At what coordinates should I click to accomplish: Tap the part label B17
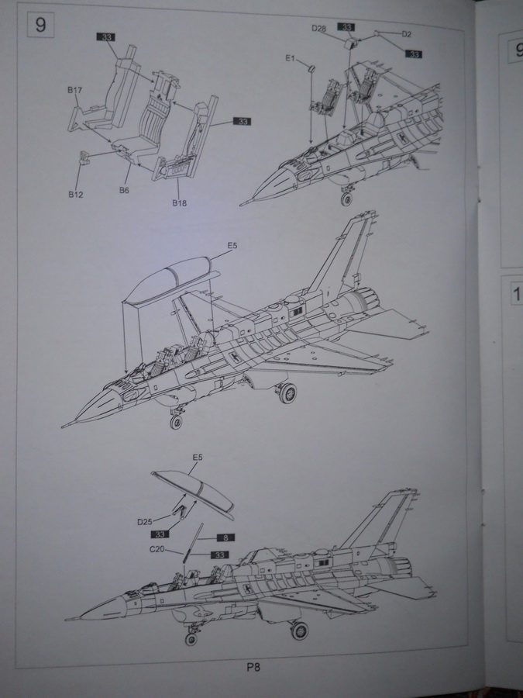(74, 91)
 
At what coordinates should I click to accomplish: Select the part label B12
(74, 194)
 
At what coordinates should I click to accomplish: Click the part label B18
(180, 203)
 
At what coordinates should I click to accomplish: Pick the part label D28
(318, 28)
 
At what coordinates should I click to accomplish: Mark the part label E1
(290, 58)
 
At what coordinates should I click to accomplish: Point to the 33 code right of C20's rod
(219, 555)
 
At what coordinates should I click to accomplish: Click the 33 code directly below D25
(161, 534)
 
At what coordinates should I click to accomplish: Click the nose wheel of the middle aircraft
(176, 422)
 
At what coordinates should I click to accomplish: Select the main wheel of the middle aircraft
(287, 393)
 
